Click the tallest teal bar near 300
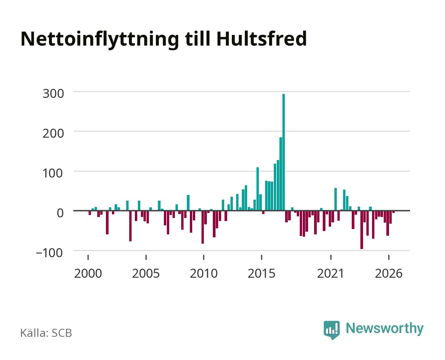tap(283, 152)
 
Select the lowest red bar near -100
tap(362, 230)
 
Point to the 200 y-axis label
tap(53, 133)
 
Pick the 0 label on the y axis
tap(60, 213)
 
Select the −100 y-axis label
tap(49, 253)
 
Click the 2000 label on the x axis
tap(88, 273)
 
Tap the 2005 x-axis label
tap(146, 273)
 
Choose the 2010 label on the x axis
tap(204, 273)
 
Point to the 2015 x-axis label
tap(261, 273)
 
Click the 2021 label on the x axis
tap(330, 273)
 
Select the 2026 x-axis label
tap(389, 273)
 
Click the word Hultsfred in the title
tap(261, 39)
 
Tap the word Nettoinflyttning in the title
tap(100, 40)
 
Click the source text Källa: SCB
tap(46, 333)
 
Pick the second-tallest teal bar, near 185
tap(280, 174)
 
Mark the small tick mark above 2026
tap(389, 257)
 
